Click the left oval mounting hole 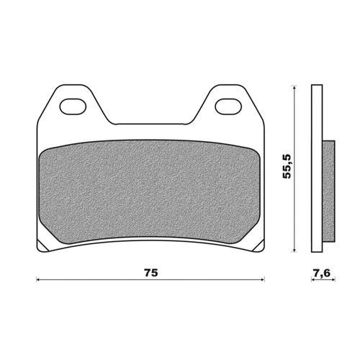pyautogui.click(x=73, y=105)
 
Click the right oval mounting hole pyautogui.click(x=228, y=105)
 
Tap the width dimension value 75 pyautogui.click(x=150, y=273)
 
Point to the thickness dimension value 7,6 pyautogui.click(x=322, y=273)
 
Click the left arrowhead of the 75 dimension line pyautogui.click(x=39, y=279)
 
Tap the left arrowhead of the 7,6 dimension pyautogui.click(x=312, y=279)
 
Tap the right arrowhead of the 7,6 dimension pyautogui.click(x=333, y=279)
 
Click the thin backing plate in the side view pyautogui.click(x=316, y=169)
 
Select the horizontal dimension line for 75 pyautogui.click(x=108, y=279)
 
